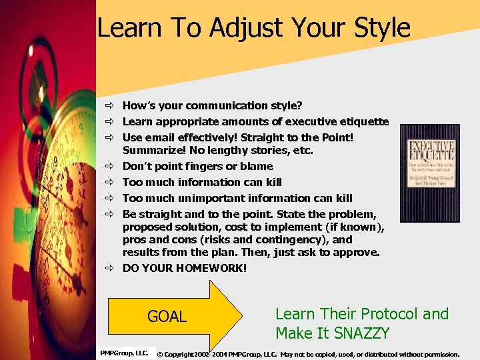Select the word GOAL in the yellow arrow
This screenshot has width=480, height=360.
pos(167,317)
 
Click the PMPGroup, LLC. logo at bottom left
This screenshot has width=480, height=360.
pos(124,353)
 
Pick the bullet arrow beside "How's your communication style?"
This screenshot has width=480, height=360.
pos(111,106)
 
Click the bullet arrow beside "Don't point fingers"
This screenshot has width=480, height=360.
pos(111,167)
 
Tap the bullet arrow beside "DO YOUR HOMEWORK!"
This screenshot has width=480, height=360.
pos(111,269)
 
